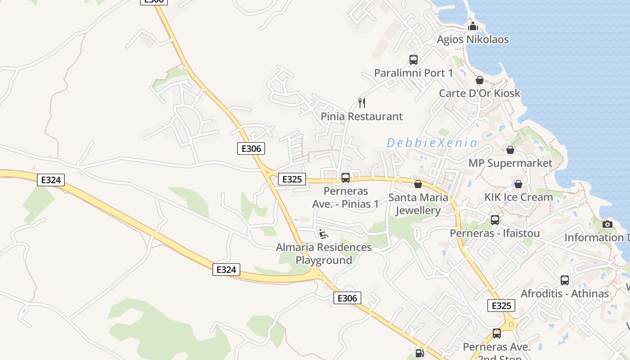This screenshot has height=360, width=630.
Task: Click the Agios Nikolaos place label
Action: pyautogui.click(x=472, y=40)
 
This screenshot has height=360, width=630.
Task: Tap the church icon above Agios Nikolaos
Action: pyautogui.click(x=472, y=27)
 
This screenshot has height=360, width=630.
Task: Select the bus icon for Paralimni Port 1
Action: pyautogui.click(x=413, y=59)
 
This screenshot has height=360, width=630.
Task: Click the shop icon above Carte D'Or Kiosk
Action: pyautogui.click(x=480, y=80)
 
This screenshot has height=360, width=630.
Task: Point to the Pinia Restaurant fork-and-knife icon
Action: pyautogui.click(x=362, y=103)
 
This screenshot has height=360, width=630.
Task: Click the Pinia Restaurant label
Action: pyautogui.click(x=361, y=117)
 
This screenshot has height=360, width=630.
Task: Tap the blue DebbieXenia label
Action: pyautogui.click(x=432, y=143)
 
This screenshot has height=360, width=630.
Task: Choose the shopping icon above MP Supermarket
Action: pyautogui.click(x=510, y=150)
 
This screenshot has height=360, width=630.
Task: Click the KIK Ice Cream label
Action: pyautogui.click(x=518, y=197)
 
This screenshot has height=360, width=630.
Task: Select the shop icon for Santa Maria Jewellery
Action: pyautogui.click(x=418, y=184)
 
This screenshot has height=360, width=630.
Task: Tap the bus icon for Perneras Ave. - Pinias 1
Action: pyautogui.click(x=346, y=178)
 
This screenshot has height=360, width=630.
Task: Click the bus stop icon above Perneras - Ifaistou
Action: pyautogui.click(x=495, y=220)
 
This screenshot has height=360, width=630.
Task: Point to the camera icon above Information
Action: pyautogui.click(x=607, y=224)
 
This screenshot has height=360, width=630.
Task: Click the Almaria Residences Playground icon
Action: pyautogui.click(x=323, y=234)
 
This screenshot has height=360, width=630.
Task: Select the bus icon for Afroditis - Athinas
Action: pyautogui.click(x=565, y=280)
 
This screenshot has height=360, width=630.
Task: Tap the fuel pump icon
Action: pyautogui.click(x=419, y=353)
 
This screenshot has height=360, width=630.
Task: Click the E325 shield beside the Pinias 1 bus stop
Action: pyautogui.click(x=292, y=179)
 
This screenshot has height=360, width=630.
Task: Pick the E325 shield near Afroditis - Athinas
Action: pyautogui.click(x=501, y=306)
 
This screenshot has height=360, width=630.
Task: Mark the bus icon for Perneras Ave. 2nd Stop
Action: pyautogui.click(x=497, y=333)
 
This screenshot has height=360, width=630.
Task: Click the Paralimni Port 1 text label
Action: pyautogui.click(x=413, y=73)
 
